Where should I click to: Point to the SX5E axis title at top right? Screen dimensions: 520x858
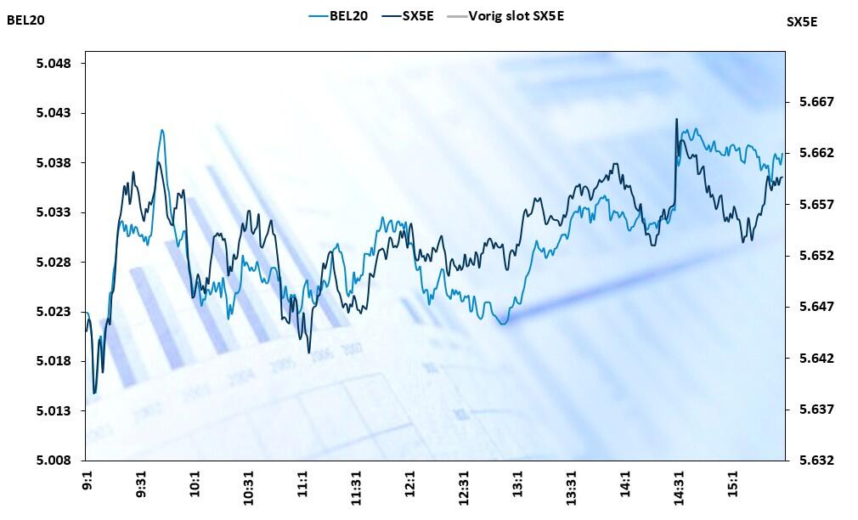pos(802,22)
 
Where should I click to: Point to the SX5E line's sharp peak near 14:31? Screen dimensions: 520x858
pos(676,119)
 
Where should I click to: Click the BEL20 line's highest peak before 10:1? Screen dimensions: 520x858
pos(161,130)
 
